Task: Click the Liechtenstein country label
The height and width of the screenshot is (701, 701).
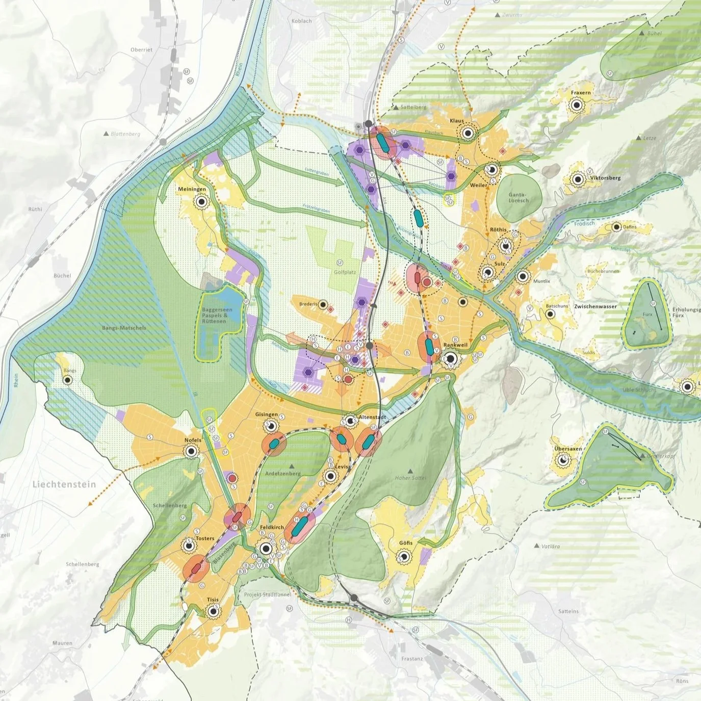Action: [64, 484]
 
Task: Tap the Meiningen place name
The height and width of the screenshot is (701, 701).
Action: [192, 189]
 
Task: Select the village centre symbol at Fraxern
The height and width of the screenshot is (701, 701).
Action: [577, 105]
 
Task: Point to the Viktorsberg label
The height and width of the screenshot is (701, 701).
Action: [605, 178]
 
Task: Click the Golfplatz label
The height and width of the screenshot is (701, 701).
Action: [345, 272]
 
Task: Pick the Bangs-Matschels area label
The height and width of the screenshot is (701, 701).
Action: [124, 328]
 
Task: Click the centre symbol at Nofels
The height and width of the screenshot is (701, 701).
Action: [191, 451]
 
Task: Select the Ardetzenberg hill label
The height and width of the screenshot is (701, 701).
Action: [283, 473]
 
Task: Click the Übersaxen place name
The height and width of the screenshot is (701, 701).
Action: [568, 449]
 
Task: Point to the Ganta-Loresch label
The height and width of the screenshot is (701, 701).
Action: [518, 197]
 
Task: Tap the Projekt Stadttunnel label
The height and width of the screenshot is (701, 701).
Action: [268, 594]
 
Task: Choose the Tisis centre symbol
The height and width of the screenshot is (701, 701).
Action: [212, 611]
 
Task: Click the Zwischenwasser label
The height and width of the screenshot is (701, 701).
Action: [595, 306]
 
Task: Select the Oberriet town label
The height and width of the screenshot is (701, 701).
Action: [141, 50]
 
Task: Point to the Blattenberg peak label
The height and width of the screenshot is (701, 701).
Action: [125, 134]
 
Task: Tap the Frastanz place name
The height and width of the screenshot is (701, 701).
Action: [412, 659]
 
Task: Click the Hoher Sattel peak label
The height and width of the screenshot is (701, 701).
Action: [410, 478]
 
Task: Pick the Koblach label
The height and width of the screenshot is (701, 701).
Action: [301, 21]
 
